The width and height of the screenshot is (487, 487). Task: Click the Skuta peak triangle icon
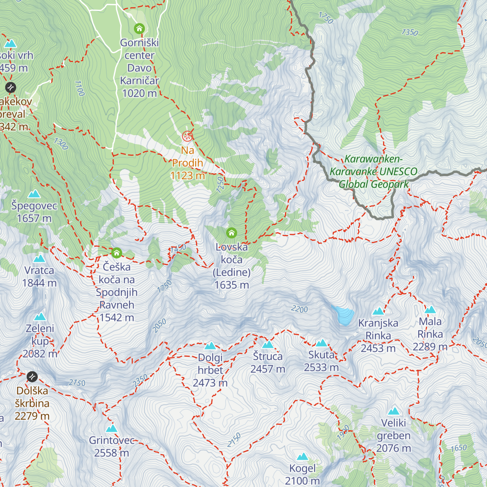point(321,343)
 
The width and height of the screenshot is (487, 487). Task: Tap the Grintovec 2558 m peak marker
point(111,428)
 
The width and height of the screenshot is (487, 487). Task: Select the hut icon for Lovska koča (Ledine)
point(231,233)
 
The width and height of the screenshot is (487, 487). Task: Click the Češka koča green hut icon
point(116,253)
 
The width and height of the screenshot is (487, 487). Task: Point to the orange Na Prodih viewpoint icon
point(187,136)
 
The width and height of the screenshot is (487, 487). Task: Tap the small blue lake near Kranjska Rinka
point(343,315)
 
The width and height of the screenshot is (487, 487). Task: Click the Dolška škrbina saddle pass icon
point(32,377)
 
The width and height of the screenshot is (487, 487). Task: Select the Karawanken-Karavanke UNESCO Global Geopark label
point(373,172)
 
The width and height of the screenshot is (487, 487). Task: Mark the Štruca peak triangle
point(267,345)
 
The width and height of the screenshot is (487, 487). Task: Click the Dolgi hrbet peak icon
point(210,346)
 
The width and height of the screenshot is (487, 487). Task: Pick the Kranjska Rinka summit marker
point(378,311)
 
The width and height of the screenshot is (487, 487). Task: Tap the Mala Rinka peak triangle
point(430,310)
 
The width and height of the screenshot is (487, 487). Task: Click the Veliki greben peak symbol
point(394,411)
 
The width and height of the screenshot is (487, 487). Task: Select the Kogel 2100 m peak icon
point(302,457)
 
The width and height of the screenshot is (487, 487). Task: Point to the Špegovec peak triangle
point(34,194)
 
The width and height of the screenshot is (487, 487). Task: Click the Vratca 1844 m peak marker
point(39,259)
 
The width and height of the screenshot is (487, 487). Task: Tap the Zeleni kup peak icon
point(40,317)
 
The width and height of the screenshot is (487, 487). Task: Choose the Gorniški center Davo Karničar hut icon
point(139,28)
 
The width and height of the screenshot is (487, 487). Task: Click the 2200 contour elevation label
point(300,309)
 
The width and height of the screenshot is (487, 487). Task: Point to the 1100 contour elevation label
point(80,88)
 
